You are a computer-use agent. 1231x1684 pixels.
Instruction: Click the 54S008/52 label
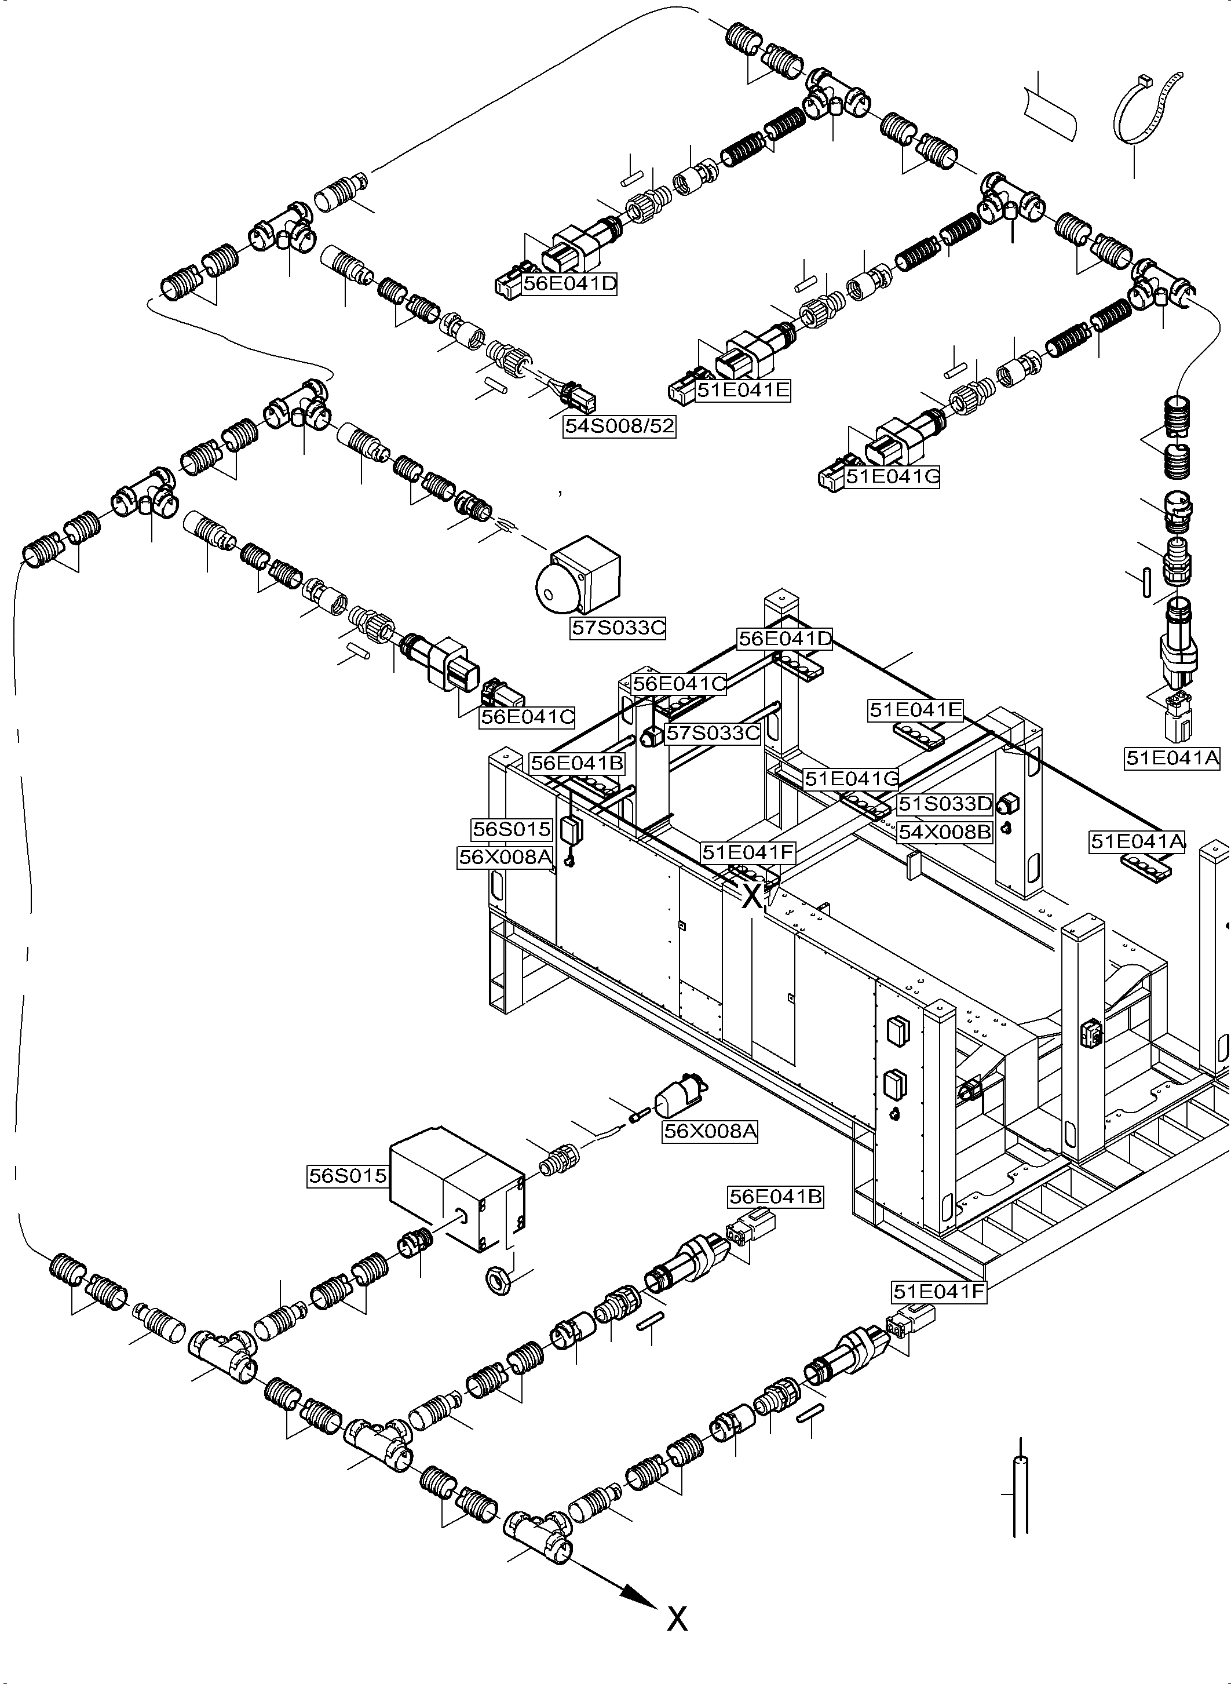(619, 426)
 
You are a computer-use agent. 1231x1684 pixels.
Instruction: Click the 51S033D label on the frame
(945, 804)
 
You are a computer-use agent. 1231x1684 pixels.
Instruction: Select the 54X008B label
(945, 832)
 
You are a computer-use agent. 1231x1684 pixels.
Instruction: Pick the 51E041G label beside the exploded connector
(892, 476)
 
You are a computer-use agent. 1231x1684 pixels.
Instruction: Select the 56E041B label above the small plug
(775, 1197)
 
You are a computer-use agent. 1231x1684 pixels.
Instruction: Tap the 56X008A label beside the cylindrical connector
(710, 1131)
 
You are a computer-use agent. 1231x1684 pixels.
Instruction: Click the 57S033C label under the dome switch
(618, 628)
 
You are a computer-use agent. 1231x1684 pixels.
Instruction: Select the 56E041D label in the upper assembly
(569, 283)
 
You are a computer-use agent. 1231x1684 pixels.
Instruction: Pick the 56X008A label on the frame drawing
(505, 857)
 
